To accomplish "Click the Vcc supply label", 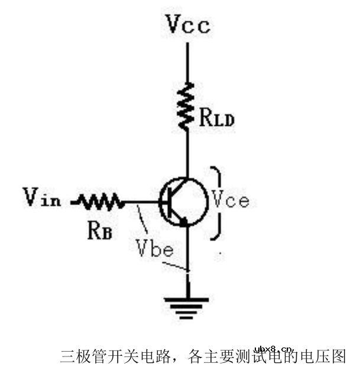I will (x=187, y=24).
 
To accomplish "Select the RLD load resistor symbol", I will (x=187, y=106).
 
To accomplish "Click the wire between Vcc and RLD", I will (x=187, y=62).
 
